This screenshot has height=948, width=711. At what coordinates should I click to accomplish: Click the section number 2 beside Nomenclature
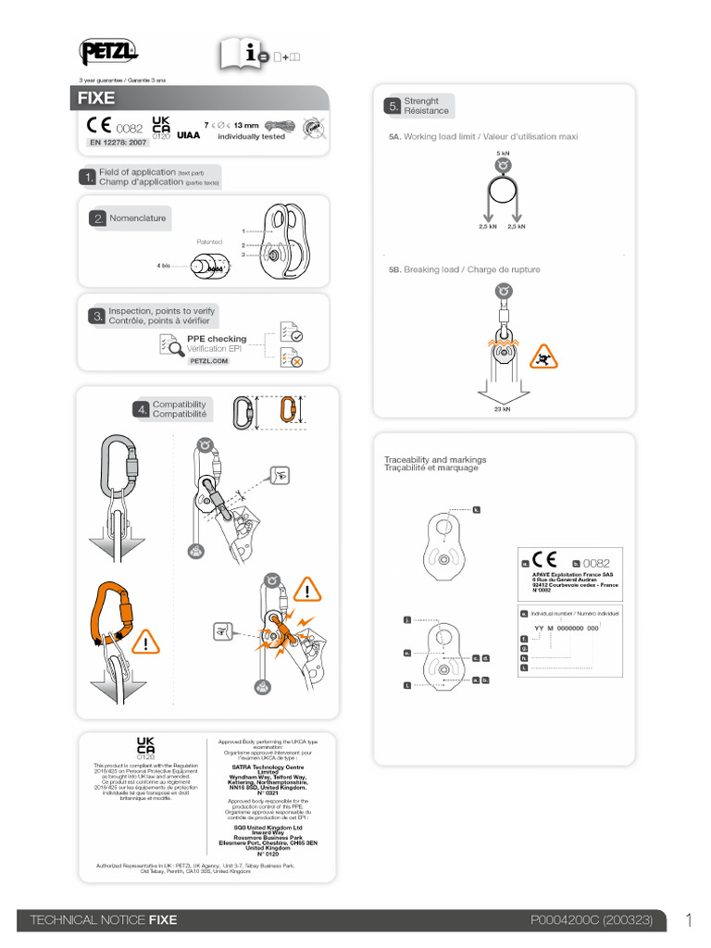coord(97,218)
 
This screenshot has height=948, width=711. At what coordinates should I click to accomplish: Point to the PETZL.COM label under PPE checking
coord(208,360)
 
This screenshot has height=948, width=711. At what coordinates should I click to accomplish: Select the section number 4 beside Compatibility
coord(142,409)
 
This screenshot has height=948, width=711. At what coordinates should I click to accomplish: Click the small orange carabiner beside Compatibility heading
coord(287,411)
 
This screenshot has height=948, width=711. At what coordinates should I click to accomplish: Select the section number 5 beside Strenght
coord(393,106)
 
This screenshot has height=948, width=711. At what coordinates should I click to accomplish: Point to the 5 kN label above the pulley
coord(503,153)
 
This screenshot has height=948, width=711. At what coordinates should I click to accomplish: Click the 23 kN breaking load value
coord(502,408)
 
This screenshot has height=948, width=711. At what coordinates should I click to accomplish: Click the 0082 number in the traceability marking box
coord(597,562)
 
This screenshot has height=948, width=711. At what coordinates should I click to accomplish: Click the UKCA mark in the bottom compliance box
coord(145,747)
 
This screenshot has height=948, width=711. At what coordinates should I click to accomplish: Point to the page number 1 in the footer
coord(689,919)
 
